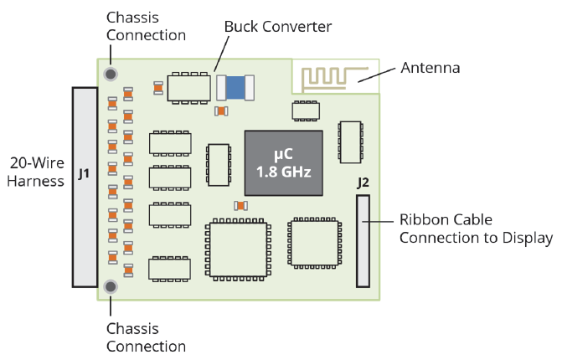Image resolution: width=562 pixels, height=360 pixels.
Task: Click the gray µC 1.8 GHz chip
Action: (283, 164)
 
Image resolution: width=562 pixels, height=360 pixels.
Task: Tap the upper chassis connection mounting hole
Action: (110, 75)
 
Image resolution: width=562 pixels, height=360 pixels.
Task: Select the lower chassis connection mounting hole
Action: (110, 288)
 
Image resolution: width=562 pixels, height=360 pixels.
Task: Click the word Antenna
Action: (430, 68)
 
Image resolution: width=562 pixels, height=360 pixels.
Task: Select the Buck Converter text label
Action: (278, 27)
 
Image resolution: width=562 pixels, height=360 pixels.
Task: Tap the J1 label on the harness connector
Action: (84, 174)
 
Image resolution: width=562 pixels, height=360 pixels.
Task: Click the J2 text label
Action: (363, 182)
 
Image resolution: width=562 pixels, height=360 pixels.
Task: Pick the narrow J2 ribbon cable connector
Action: (363, 241)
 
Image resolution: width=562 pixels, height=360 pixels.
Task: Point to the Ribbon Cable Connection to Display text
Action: (476, 229)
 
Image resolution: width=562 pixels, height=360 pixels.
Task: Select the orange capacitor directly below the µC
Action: (240, 206)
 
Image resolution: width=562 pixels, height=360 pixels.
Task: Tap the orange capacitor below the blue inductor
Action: (221, 111)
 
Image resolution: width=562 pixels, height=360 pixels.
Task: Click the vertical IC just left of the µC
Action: (219, 165)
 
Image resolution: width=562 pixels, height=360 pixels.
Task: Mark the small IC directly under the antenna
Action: (304, 111)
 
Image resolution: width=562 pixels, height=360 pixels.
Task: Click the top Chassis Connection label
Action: (146, 26)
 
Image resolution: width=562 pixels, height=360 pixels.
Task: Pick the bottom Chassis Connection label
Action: (146, 337)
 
